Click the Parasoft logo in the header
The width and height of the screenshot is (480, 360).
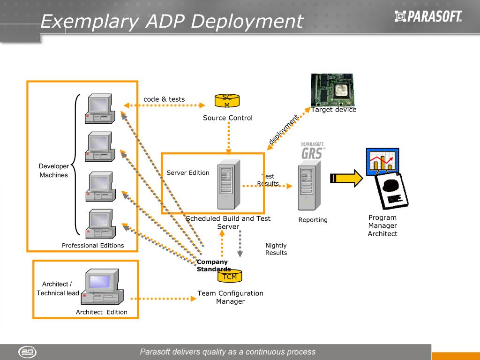pos(428,17)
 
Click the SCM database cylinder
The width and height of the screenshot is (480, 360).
pos(227,101)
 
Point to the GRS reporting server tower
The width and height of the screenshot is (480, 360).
pos(309,185)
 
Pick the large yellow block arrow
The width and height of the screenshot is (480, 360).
pos(346,178)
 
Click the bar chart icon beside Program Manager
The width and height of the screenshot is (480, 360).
pos(382,161)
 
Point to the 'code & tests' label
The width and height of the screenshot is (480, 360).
pos(164,99)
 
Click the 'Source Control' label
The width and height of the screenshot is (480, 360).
pos(228,118)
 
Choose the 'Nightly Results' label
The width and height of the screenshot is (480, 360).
pos(276,249)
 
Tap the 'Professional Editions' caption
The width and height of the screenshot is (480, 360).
pos(93,246)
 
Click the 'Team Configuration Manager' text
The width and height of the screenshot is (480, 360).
pos(230,297)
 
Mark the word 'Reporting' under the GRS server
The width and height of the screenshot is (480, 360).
pos(313,220)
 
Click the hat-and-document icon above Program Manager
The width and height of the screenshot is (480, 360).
pos(392,192)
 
